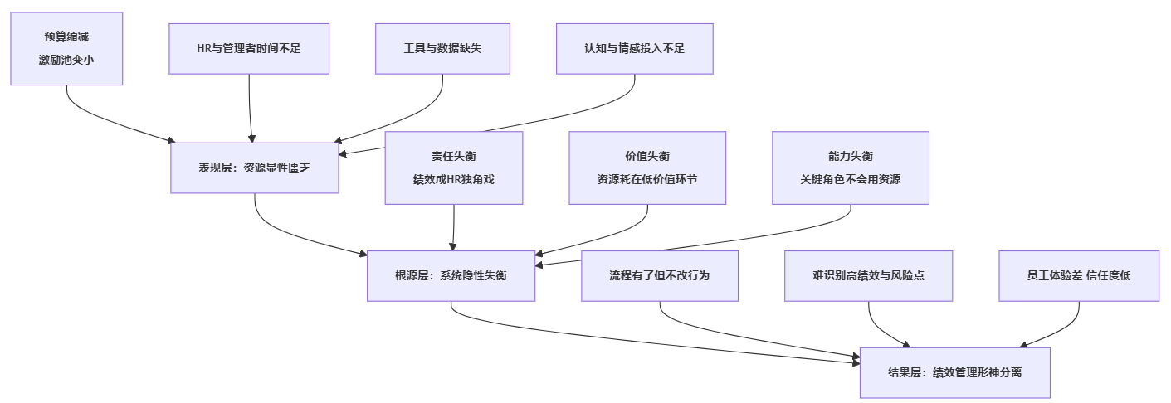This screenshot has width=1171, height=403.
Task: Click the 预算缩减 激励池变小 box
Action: coord(66,48)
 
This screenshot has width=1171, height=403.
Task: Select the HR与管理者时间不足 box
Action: coord(249,48)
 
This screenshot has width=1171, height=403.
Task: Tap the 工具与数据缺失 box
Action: coord(442,48)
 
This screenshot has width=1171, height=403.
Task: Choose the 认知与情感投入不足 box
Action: coord(634,48)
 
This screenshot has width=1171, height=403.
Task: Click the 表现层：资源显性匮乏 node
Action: coord(254,168)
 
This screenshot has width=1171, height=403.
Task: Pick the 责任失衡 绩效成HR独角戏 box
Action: coord(453,168)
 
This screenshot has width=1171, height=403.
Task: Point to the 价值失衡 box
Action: coord(647,168)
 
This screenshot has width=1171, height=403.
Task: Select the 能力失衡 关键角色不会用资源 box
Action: coord(850,168)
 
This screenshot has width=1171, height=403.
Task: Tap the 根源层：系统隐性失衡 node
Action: coord(451,275)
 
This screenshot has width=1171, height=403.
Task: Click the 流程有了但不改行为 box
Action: coord(659,275)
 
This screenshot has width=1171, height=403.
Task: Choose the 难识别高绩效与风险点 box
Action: coord(868,275)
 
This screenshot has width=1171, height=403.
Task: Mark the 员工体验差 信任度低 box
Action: coord(1078,275)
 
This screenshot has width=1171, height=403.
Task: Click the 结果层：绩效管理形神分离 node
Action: coord(954,372)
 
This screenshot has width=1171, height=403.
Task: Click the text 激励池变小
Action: coord(66,60)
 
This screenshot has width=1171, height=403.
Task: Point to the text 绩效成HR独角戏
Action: coord(453,179)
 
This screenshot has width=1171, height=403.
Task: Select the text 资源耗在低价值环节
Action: coord(647,179)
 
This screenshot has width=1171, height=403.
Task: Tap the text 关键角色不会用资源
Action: coord(850,179)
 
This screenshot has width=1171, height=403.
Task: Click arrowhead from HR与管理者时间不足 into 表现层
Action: coord(251,138)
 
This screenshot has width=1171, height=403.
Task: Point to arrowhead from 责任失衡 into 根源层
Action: coord(452,246)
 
